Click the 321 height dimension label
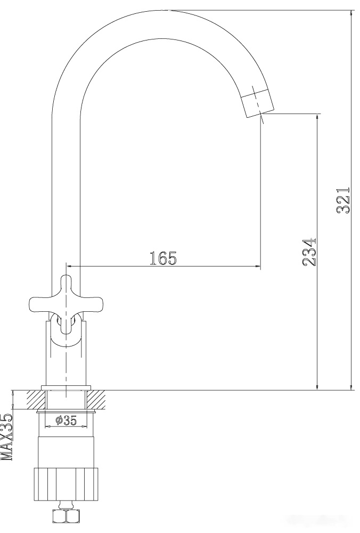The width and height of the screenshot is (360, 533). pos(343,200)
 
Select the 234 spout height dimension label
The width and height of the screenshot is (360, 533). pos(309,252)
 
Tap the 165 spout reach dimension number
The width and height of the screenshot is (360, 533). pos(163,259)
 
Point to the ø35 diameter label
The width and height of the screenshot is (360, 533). pos(66,421)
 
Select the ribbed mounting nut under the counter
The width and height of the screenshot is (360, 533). pos(66,484)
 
